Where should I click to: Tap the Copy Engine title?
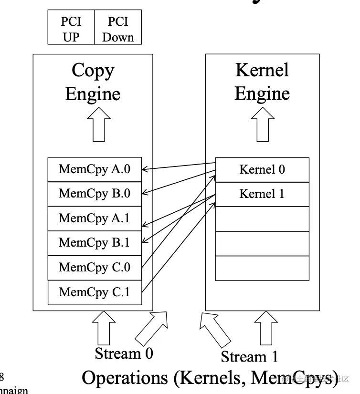point(93,82)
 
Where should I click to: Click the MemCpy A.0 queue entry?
point(95,169)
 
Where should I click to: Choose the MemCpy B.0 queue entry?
point(95,194)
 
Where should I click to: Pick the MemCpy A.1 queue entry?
point(95,218)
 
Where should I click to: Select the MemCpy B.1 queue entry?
point(95,243)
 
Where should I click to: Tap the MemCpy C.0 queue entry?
point(95,268)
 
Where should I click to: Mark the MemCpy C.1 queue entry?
point(95,292)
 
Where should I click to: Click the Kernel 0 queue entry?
point(262,169)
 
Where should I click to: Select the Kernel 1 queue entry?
point(262,194)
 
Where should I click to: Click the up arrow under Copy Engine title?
point(99,124)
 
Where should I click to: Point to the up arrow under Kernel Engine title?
point(263,124)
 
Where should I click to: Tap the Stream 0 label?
point(124,354)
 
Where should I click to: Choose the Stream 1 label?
point(249,356)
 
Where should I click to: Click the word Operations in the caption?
point(126,378)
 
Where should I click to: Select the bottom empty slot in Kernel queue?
point(262,268)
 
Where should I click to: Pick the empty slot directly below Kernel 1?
point(262,219)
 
